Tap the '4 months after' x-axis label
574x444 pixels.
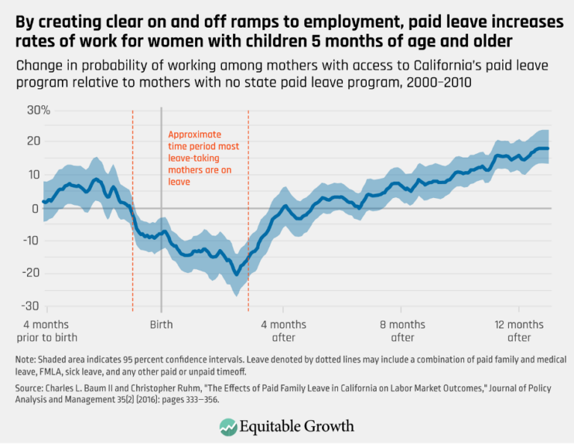[x=283, y=331]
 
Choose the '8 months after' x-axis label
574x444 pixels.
[x=403, y=331]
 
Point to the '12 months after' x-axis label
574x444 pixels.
[x=519, y=331]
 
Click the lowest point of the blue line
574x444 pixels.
[x=237, y=274]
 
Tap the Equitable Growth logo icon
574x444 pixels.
[x=228, y=426]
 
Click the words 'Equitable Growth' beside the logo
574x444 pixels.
[x=298, y=426]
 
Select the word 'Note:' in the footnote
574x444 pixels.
[x=28, y=360]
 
